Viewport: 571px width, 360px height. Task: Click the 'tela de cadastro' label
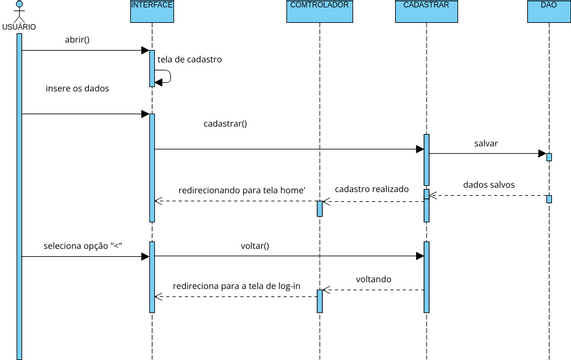pyautogui.click(x=189, y=60)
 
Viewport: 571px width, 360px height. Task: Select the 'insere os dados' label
pyautogui.click(x=77, y=89)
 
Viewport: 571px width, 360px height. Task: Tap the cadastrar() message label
pyautogui.click(x=225, y=124)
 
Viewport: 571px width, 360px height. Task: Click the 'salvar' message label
pyautogui.click(x=486, y=143)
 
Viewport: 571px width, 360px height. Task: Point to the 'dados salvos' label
pyautogui.click(x=490, y=184)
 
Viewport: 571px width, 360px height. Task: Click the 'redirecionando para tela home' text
pyautogui.click(x=241, y=188)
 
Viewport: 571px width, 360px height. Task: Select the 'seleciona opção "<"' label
pyautogui.click(x=82, y=245)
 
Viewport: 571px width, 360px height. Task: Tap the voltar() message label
pyautogui.click(x=255, y=245)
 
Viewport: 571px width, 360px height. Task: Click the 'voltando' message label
pyautogui.click(x=373, y=279)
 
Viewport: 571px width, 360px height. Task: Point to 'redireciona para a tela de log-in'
pyautogui.click(x=236, y=285)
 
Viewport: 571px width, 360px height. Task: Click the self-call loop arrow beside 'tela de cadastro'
pyautogui.click(x=165, y=76)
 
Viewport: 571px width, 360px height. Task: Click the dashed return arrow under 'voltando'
pyautogui.click(x=373, y=290)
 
